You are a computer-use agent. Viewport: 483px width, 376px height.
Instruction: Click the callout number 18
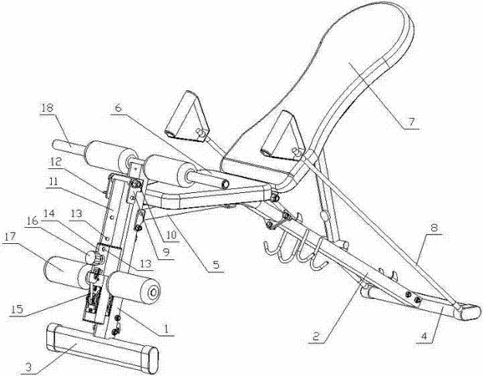(48, 108)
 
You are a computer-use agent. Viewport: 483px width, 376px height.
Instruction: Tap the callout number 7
(411, 122)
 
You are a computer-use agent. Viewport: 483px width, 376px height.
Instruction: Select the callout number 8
(434, 228)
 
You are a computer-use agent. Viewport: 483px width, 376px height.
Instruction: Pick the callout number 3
(28, 367)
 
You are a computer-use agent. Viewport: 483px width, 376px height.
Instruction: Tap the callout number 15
(18, 309)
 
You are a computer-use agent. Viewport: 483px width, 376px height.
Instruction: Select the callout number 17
(10, 237)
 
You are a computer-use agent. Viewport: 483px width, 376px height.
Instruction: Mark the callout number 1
(166, 328)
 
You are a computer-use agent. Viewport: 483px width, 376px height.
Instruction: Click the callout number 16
(33, 221)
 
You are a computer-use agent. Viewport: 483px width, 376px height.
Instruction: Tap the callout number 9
(166, 252)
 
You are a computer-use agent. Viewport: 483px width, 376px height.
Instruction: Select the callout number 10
(171, 235)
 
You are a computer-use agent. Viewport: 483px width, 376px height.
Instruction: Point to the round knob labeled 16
(91, 257)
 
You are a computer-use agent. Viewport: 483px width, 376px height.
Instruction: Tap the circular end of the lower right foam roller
(150, 292)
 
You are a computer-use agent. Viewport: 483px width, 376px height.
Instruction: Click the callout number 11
(53, 181)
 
